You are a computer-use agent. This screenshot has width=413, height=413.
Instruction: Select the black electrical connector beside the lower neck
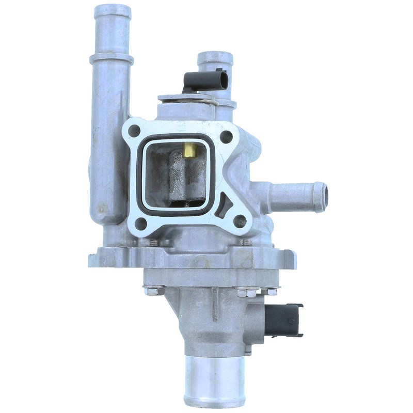(283, 320)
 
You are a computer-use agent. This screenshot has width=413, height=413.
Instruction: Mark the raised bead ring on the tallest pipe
(111, 58)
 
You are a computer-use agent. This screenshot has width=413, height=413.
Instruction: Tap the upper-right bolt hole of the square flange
(226, 136)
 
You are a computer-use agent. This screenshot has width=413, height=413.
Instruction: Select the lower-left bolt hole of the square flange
(140, 224)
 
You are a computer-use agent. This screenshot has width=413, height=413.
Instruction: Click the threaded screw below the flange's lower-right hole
(247, 241)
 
